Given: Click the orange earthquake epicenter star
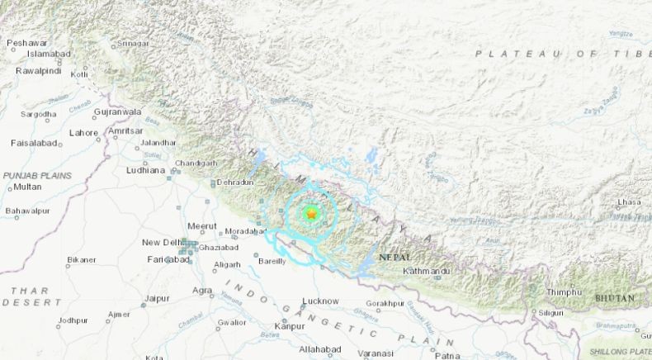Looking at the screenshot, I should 311,214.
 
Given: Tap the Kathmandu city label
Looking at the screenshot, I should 427,271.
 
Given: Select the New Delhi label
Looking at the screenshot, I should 162,242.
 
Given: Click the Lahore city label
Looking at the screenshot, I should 83,133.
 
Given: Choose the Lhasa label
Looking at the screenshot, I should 630,201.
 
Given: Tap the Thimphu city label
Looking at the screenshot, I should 565,292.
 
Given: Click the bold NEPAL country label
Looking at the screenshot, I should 394,258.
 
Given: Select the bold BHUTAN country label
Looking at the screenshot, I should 614,298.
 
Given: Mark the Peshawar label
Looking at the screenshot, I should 26,42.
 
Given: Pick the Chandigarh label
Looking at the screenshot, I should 196,163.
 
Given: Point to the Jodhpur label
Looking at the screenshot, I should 73,320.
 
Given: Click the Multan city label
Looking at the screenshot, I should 27,187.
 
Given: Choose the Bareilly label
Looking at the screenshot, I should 272,261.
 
